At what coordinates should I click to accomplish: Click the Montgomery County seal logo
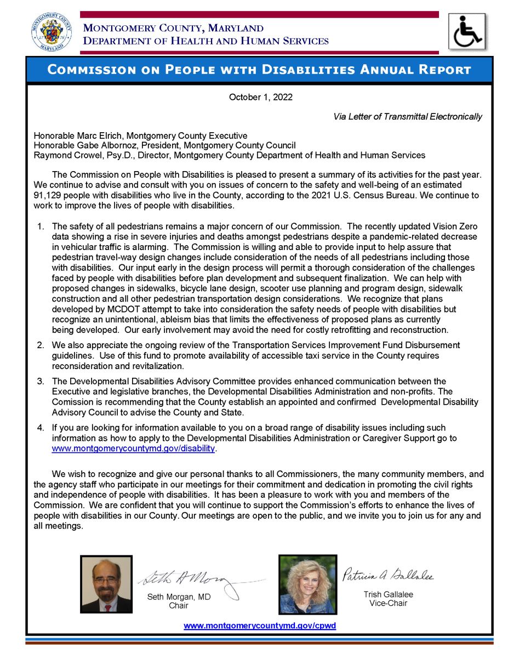tap(51, 32)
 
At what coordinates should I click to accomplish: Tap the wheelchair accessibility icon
tap(467, 32)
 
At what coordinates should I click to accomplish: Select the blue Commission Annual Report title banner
tap(259, 70)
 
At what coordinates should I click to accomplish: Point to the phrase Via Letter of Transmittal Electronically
tap(408, 116)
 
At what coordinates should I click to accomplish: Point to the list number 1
tap(40, 226)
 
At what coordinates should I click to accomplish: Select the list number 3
tap(40, 381)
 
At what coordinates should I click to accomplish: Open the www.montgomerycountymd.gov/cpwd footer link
tap(259, 626)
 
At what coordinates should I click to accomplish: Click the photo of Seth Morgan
tap(106, 583)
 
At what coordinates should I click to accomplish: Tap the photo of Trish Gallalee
tap(307, 584)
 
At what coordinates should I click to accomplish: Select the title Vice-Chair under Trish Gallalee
tap(388, 604)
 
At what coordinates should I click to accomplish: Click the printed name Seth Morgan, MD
tap(179, 597)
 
